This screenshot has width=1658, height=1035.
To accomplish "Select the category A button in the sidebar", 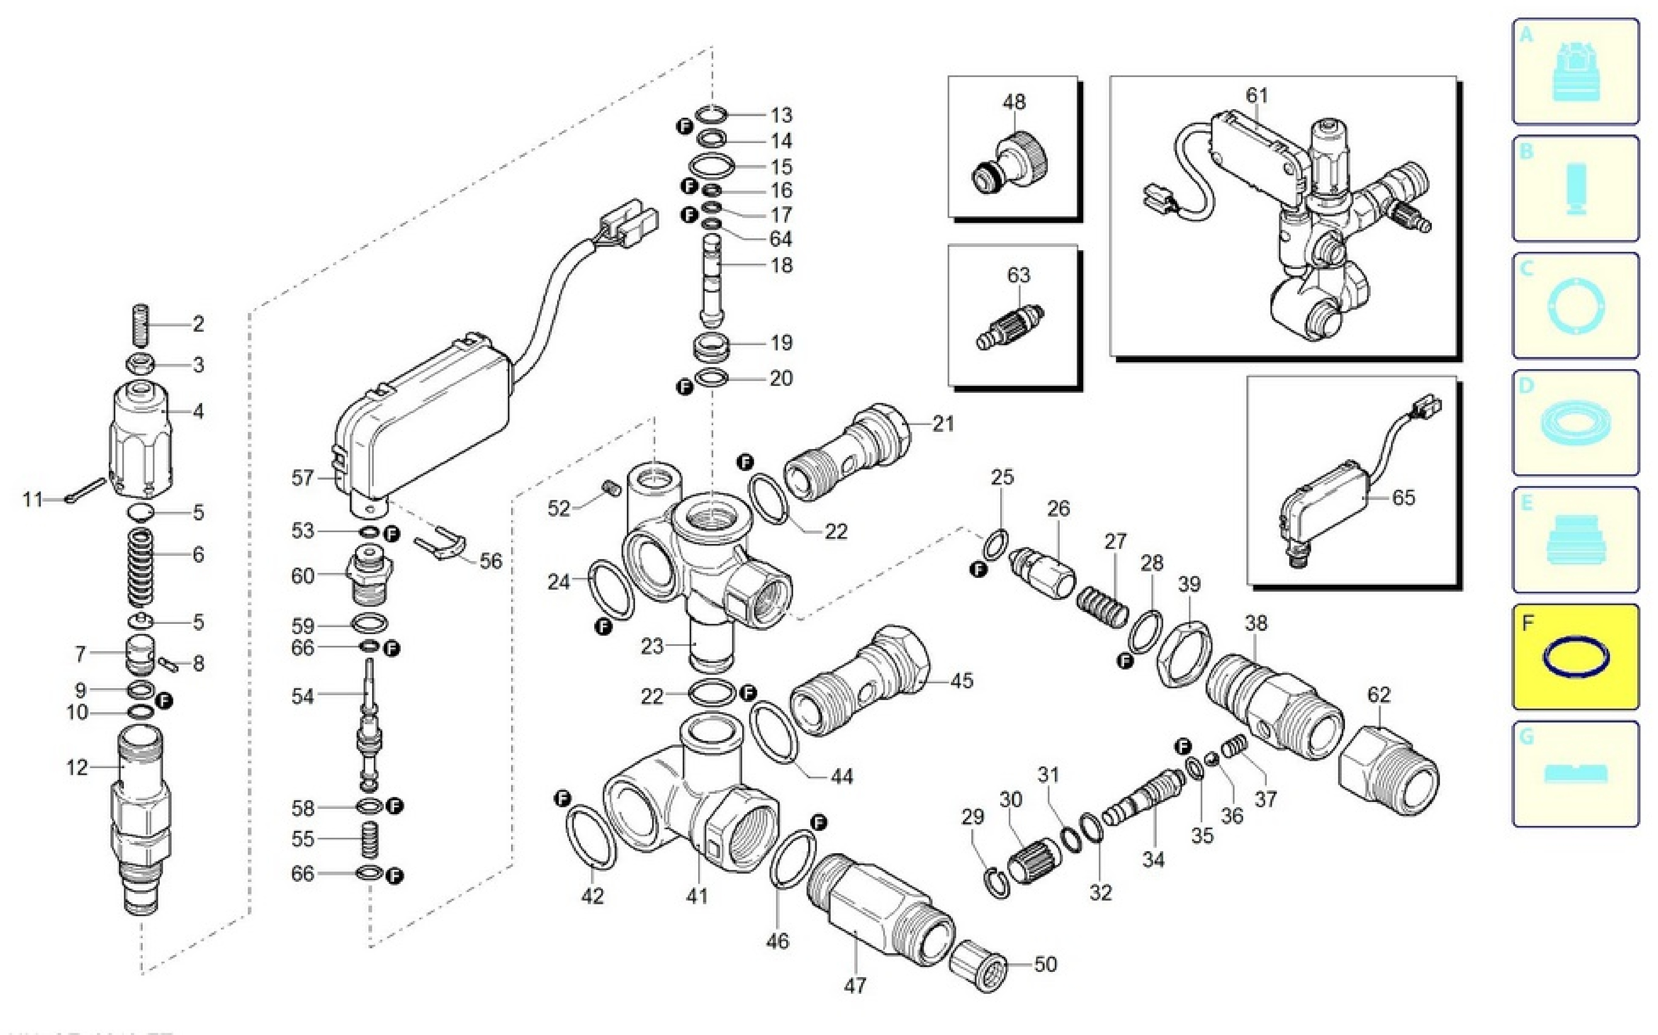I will point(1575,71).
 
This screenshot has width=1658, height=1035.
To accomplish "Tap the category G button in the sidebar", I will point(1575,773).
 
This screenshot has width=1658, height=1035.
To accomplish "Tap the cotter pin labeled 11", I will point(86,490).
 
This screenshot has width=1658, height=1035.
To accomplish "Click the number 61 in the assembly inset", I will point(1256,95).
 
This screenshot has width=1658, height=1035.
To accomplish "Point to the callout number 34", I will point(1153,859).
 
